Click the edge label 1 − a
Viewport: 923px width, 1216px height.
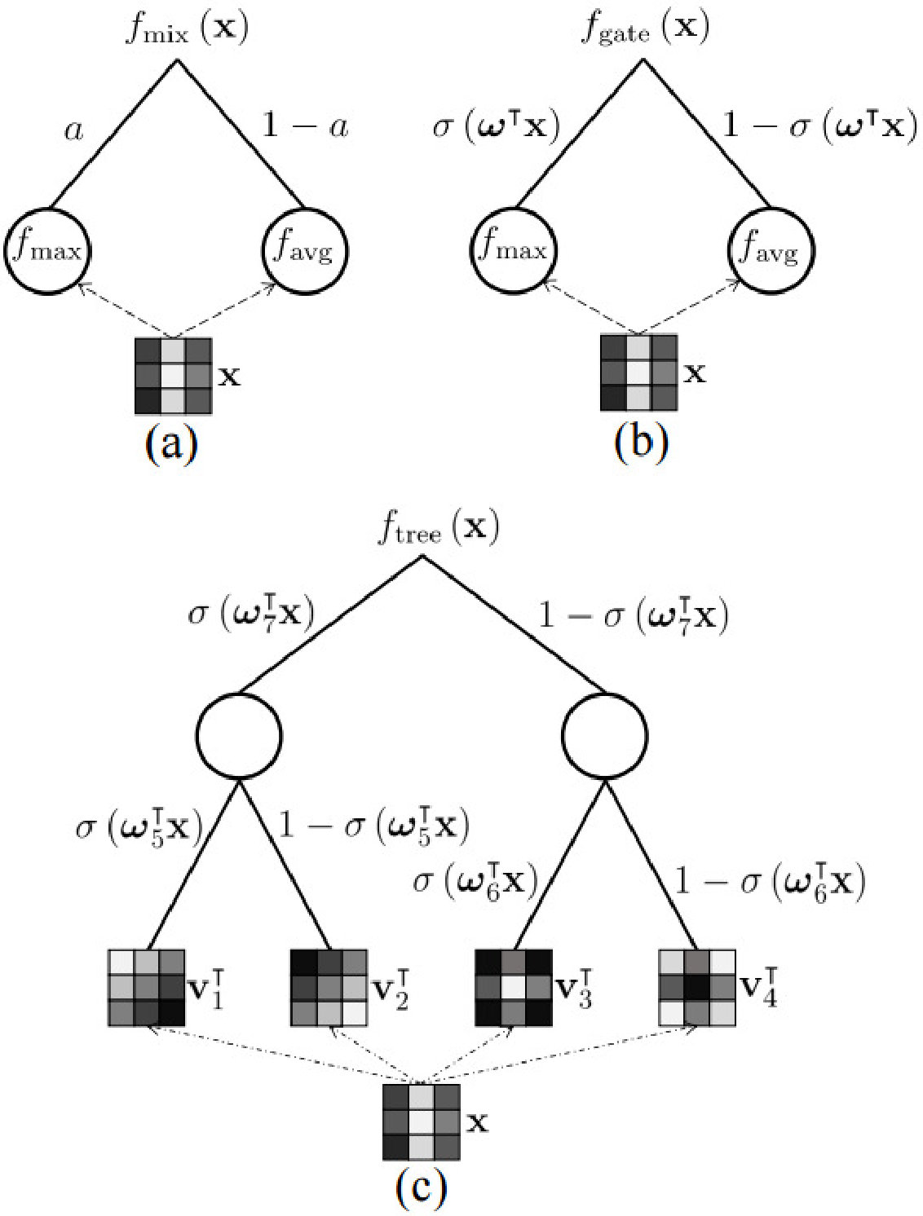pos(305,126)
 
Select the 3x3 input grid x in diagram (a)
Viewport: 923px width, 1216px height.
pos(174,376)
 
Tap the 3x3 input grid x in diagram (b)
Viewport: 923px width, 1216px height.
pos(638,372)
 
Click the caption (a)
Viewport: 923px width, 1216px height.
pos(171,444)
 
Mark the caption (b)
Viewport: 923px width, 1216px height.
pos(641,443)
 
